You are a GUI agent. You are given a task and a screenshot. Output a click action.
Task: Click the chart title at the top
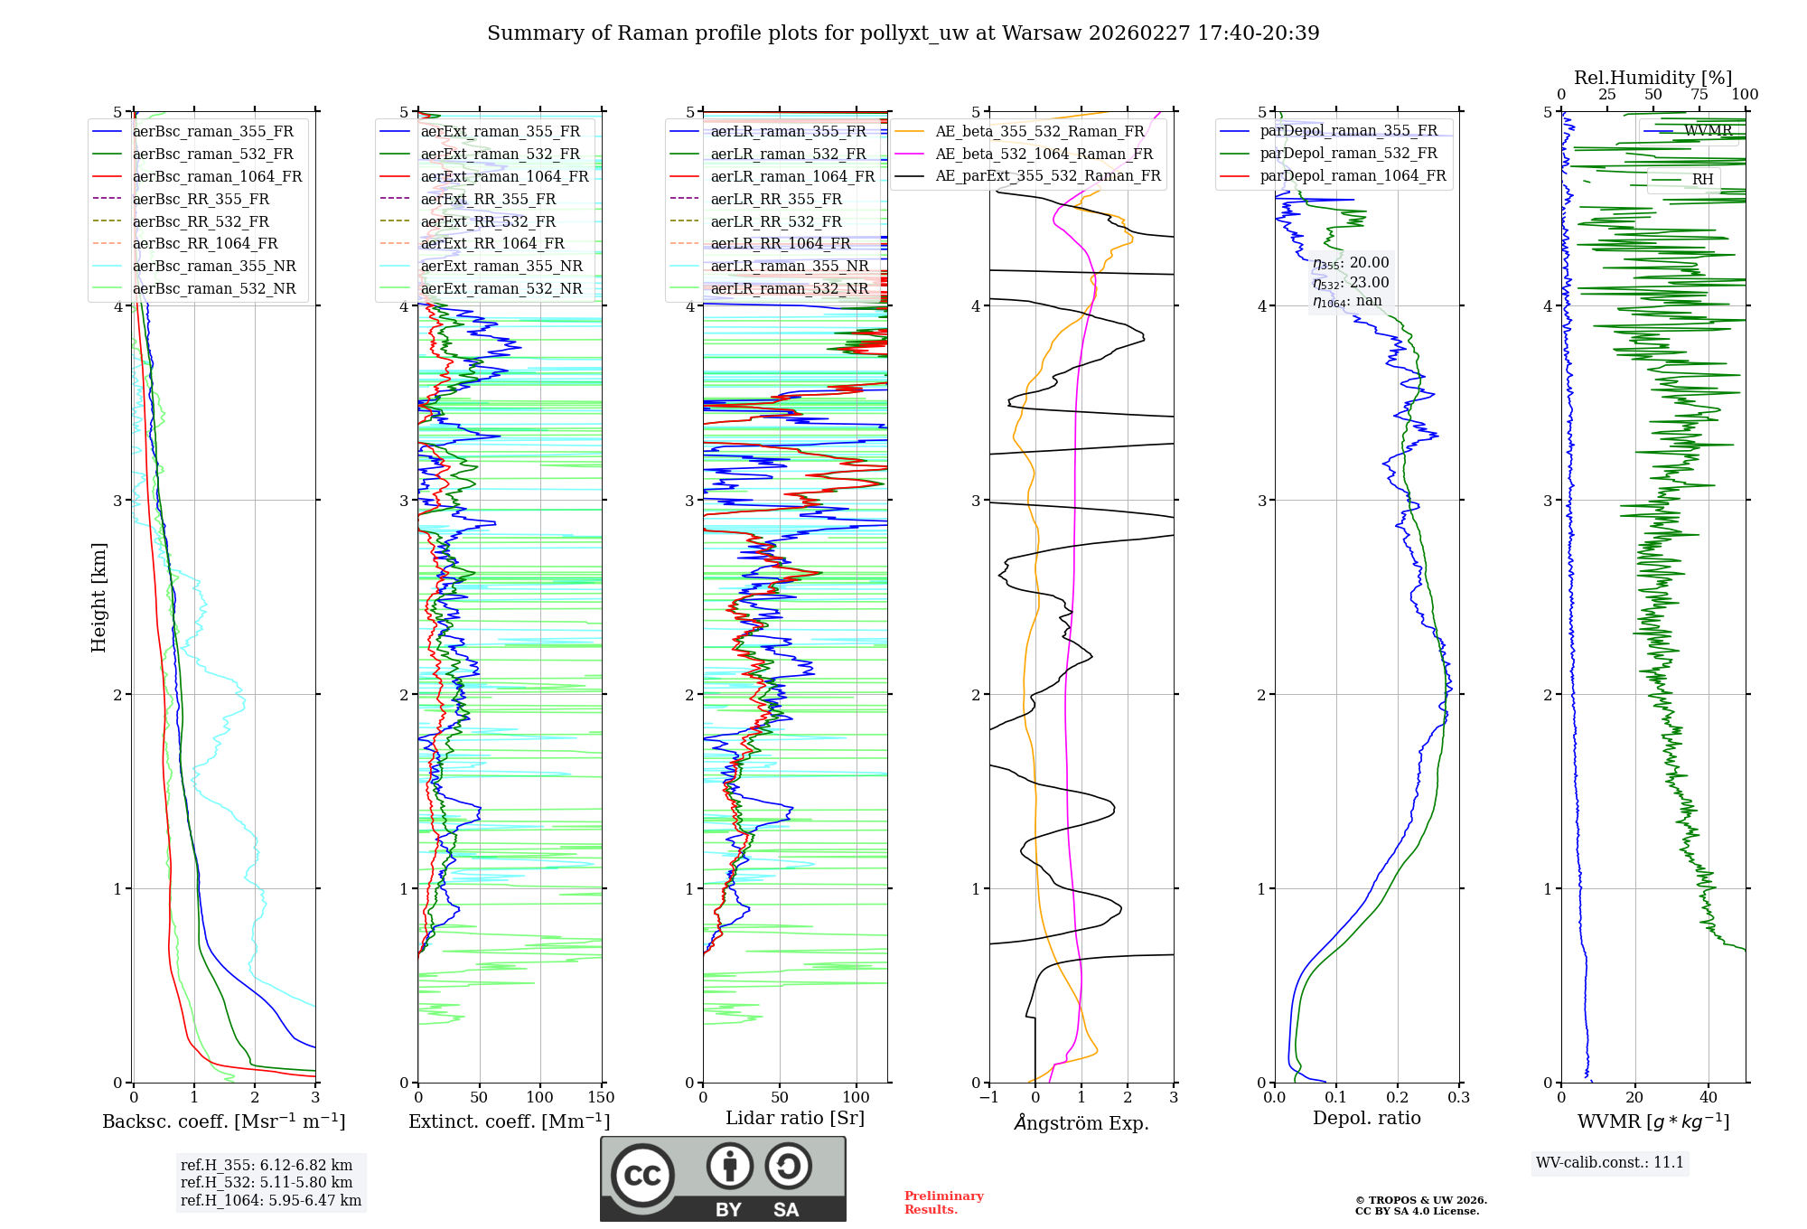point(903,33)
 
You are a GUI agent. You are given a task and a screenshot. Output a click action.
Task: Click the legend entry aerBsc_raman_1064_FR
point(217,176)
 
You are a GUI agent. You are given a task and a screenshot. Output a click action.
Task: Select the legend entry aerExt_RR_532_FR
point(488,221)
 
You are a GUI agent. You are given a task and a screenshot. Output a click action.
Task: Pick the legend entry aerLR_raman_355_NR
point(789,266)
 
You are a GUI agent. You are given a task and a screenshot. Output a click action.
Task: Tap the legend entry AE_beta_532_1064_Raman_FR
point(1044,154)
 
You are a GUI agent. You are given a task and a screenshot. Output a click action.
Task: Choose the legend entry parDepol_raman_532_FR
point(1348,154)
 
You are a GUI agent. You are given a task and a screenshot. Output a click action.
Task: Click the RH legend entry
point(1702,180)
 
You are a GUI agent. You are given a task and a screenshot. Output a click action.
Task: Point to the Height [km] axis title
point(98,597)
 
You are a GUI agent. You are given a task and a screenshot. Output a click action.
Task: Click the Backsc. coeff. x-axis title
point(223,1121)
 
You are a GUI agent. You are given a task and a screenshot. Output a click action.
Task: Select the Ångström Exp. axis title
point(1081,1122)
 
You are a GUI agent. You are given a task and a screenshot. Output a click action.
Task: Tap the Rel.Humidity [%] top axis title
point(1653,78)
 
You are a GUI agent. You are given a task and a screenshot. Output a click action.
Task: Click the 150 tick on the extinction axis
point(601,1098)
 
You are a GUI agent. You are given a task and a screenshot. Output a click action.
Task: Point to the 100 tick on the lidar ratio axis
point(856,1098)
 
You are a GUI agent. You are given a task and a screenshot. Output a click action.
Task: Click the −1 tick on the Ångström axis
point(989,1098)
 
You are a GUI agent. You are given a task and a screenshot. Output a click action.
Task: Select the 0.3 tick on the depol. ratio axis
point(1458,1098)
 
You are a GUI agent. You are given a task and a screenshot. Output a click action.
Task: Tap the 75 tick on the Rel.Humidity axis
point(1699,95)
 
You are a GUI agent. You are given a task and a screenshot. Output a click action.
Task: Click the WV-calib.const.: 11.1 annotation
point(1609,1162)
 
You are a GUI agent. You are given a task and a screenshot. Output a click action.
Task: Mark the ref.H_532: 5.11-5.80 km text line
point(267,1182)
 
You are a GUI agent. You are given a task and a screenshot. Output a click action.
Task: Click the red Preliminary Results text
point(943,1203)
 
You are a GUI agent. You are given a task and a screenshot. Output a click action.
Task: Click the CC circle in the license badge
point(642,1176)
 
